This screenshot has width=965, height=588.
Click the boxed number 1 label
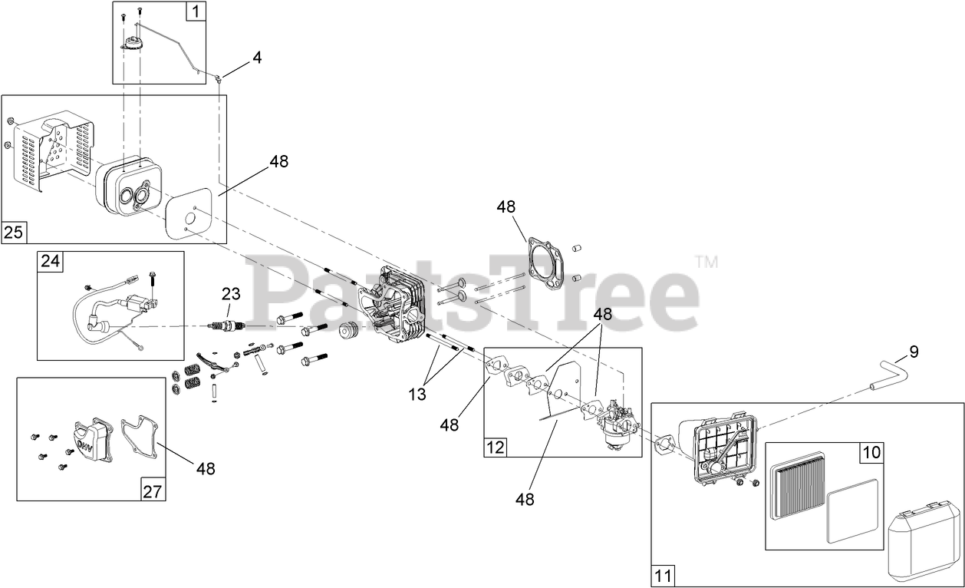pos(196,12)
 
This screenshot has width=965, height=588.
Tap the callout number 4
pos(257,58)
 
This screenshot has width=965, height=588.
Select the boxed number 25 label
pos(13,232)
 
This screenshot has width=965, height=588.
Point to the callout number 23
pos(231,293)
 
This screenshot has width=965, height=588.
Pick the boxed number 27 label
pos(153,491)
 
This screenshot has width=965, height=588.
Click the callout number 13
pos(417,395)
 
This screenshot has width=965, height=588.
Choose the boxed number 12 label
pos(496,447)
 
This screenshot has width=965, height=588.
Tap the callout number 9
pos(914,352)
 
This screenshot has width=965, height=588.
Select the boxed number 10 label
pos(871,452)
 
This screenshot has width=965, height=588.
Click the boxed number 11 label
pos(663,575)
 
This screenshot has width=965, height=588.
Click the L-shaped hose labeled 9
pos(889,374)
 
